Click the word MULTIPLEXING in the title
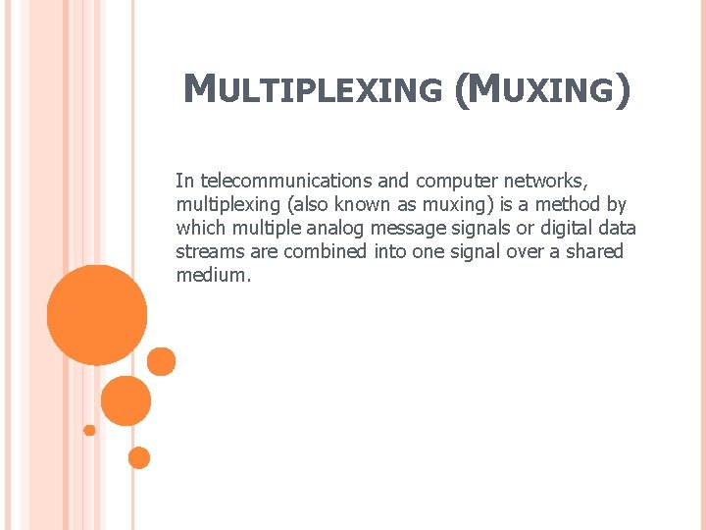(313, 90)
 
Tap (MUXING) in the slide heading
(542, 90)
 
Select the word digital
(556, 229)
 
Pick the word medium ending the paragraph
(212, 276)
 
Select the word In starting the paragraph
(183, 182)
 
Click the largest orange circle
(97, 315)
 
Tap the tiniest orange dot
(89, 430)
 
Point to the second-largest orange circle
(126, 400)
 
